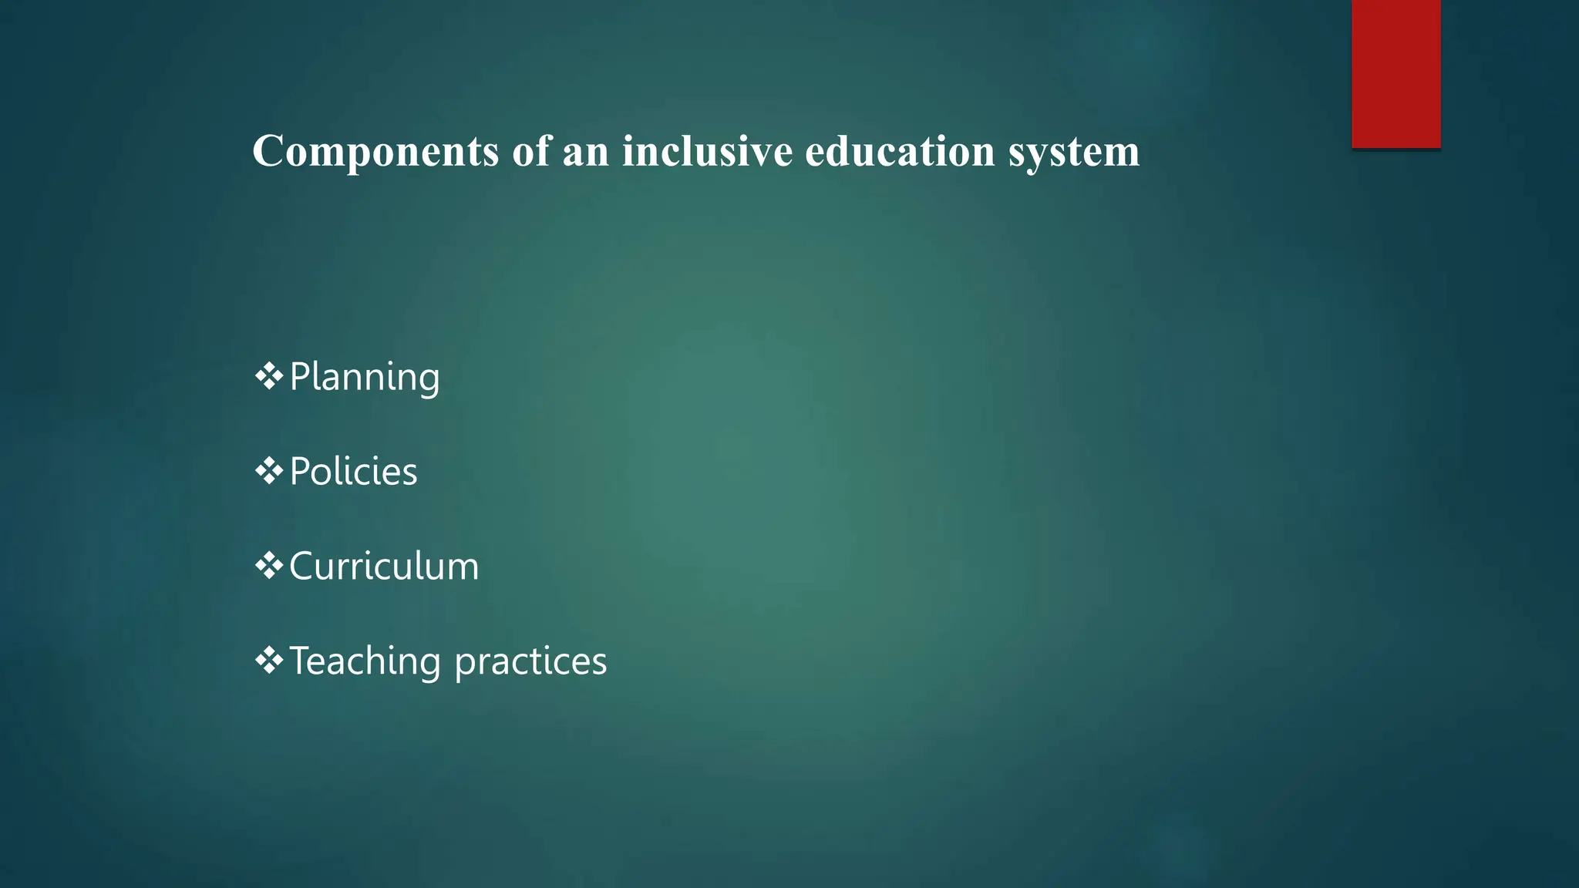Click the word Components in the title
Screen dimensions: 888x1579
(x=375, y=152)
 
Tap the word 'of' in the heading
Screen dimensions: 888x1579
(x=531, y=150)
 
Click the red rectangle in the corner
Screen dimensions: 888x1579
(x=1396, y=73)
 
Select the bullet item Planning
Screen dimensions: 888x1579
(x=364, y=377)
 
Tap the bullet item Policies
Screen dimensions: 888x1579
(x=353, y=471)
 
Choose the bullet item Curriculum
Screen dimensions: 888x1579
(x=384, y=566)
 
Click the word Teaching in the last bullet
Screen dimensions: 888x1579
(x=365, y=661)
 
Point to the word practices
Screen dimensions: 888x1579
(x=530, y=661)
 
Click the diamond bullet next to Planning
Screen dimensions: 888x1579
(x=268, y=376)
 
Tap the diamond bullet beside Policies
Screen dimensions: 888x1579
(x=268, y=471)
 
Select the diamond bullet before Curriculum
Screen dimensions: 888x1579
(x=268, y=566)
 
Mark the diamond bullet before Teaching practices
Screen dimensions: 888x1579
(x=268, y=661)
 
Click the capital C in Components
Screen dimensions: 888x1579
(x=269, y=150)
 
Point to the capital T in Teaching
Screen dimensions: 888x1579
(x=301, y=661)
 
